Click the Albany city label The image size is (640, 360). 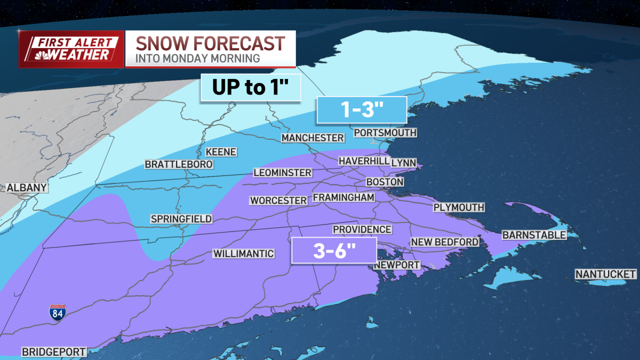click(27, 188)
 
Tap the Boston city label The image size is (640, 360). click(385, 182)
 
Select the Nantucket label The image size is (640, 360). click(605, 274)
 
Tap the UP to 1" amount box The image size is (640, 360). click(251, 87)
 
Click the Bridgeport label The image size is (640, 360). click(53, 352)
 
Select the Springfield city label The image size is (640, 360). click(181, 219)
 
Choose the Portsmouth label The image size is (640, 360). click(385, 132)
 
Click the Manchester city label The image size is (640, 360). click(313, 138)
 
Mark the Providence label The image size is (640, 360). click(362, 229)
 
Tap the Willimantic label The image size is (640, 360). click(244, 253)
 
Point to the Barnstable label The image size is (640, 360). click(534, 235)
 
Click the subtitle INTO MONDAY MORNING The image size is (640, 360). click(198, 58)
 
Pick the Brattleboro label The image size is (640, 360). click(179, 164)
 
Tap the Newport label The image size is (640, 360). click(397, 265)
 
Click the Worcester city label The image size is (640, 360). click(278, 201)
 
